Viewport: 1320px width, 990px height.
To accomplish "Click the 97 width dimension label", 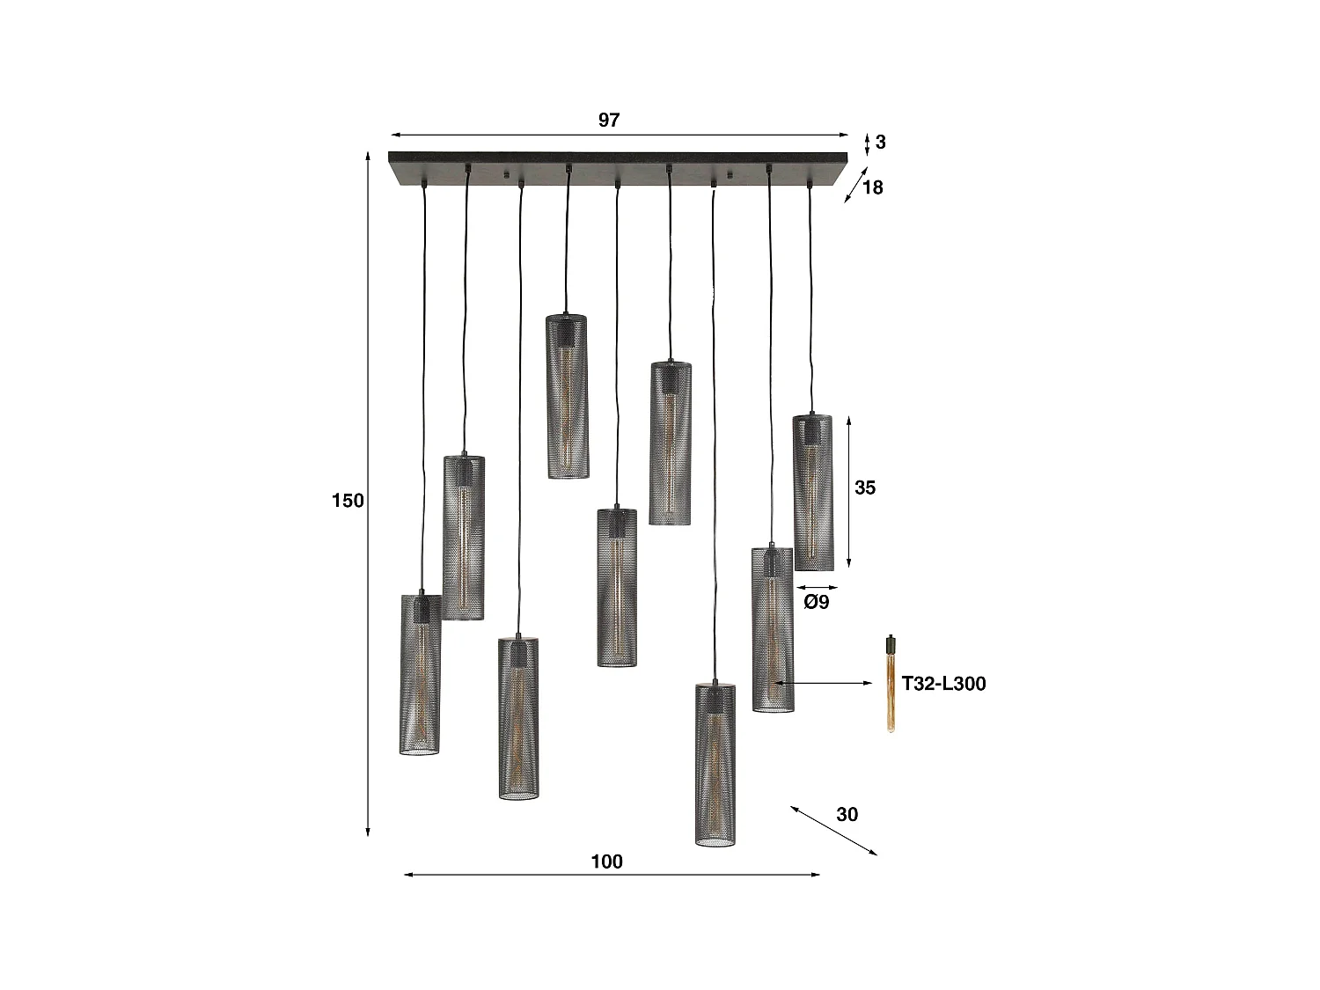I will click(609, 121).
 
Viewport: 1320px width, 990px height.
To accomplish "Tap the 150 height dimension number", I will click(348, 501).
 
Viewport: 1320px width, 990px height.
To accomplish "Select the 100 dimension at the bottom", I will click(606, 862).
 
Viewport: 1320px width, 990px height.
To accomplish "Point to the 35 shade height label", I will click(865, 488).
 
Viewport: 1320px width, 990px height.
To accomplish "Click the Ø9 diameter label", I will click(817, 603).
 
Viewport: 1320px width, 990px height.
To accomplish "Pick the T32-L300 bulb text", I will click(943, 684).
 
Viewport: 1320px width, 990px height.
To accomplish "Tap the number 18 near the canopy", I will click(872, 187).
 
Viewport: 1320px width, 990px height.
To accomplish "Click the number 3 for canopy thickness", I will click(881, 142).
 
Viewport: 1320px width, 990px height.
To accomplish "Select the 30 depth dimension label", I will click(847, 814).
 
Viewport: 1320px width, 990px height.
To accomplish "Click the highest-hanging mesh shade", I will click(568, 396).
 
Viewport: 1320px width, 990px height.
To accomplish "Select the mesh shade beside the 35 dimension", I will click(813, 493).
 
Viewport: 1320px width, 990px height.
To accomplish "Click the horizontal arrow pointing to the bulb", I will click(824, 683).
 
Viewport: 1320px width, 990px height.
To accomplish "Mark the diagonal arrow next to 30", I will click(833, 830).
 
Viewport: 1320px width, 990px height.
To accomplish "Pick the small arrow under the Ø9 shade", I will click(817, 587).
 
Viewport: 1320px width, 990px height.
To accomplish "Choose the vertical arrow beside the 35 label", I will click(848, 493).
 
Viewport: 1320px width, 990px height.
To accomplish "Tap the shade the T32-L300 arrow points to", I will click(773, 629).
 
